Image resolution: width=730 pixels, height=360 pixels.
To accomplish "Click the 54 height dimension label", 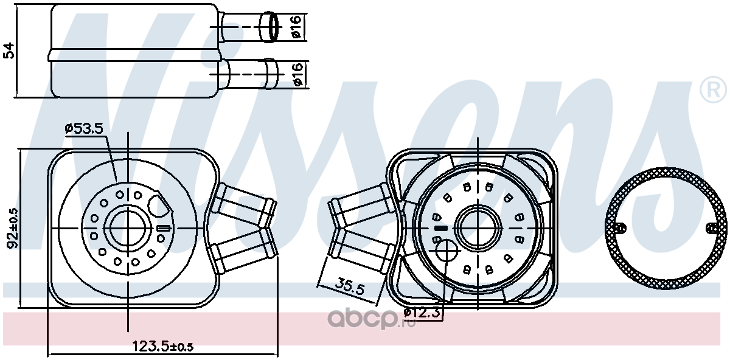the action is pyautogui.click(x=9, y=50).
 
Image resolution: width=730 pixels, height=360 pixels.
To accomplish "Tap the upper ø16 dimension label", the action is pyautogui.click(x=297, y=27).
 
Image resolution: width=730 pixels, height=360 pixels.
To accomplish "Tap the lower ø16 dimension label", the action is pyautogui.click(x=297, y=74).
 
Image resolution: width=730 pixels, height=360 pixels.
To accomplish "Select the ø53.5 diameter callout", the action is pyautogui.click(x=84, y=128).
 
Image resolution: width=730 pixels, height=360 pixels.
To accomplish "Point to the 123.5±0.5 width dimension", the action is pyautogui.click(x=162, y=346).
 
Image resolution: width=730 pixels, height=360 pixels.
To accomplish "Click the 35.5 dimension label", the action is pyautogui.click(x=350, y=286).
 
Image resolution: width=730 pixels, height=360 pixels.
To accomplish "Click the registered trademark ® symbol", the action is pyautogui.click(x=714, y=89).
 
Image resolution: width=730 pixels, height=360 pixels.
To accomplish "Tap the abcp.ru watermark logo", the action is pyautogui.click(x=372, y=318).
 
